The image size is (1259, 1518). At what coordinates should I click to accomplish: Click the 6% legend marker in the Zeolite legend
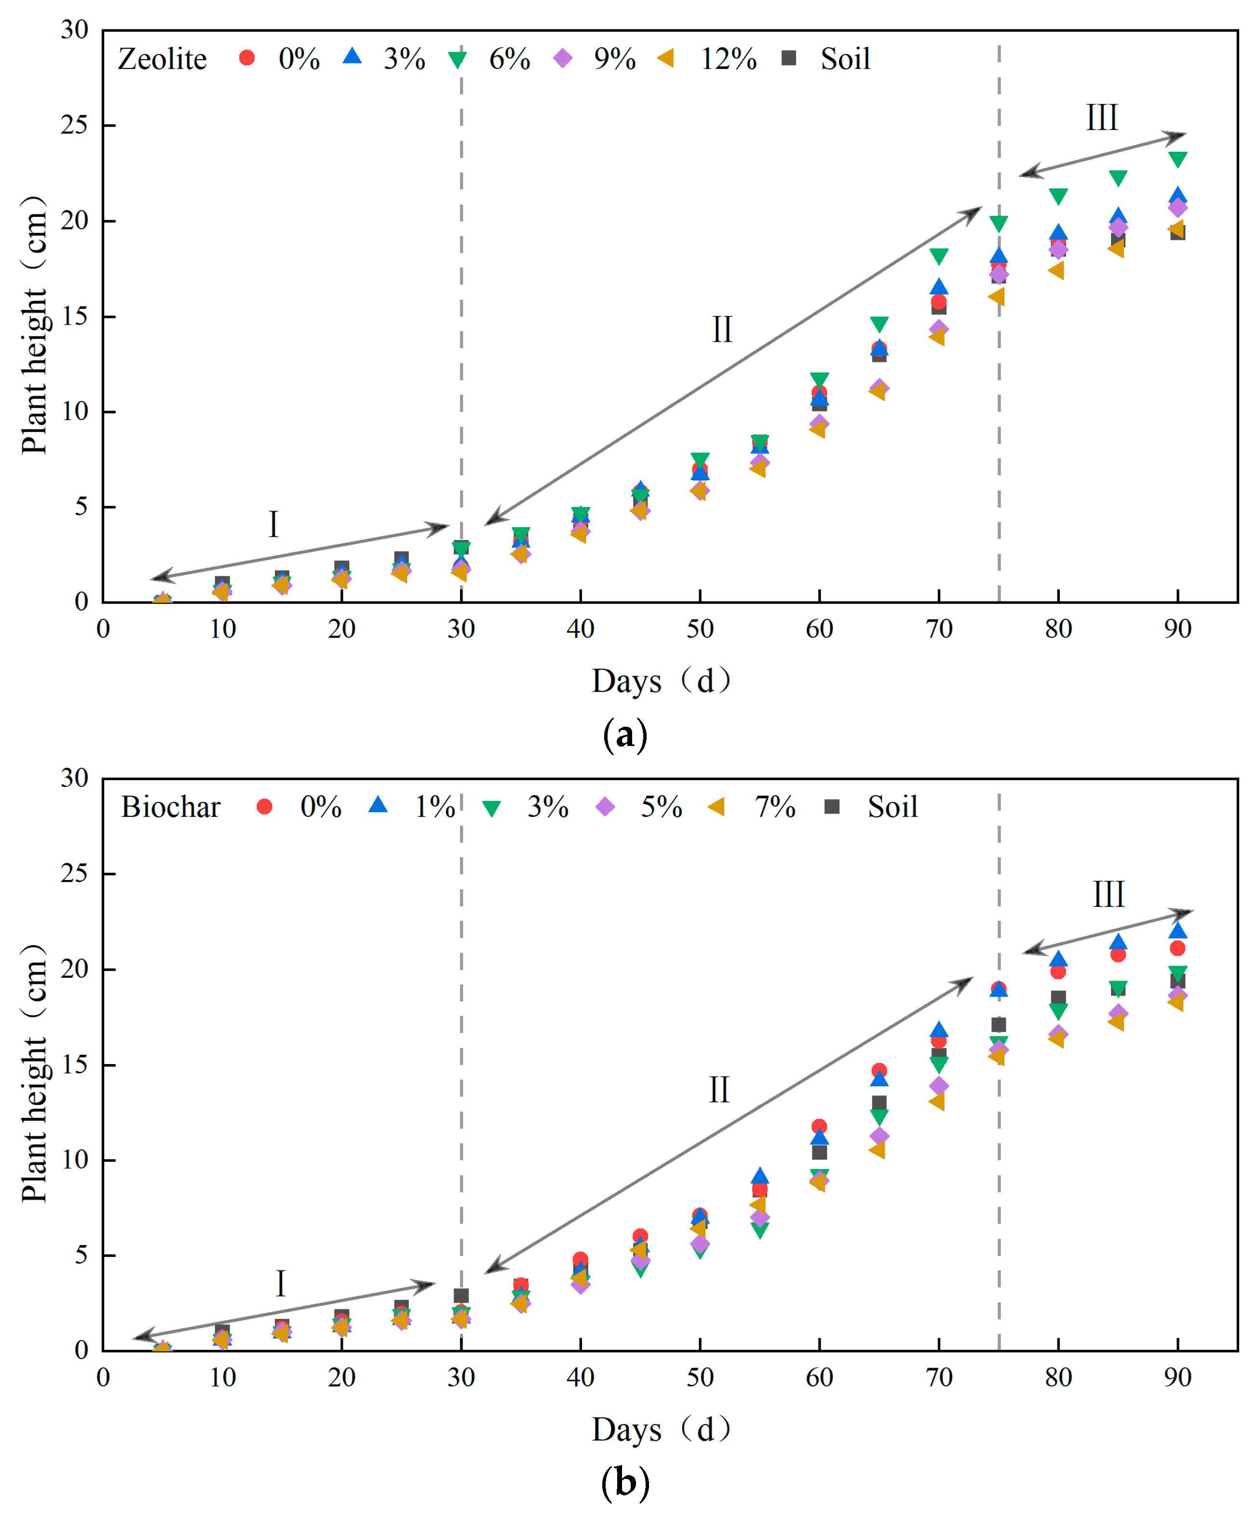(x=457, y=59)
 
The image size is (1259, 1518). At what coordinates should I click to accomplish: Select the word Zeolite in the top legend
(x=162, y=59)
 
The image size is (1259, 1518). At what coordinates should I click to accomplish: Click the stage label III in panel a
(x=1101, y=118)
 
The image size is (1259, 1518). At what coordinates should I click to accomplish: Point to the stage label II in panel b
(x=719, y=1090)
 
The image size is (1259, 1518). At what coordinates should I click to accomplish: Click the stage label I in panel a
(x=273, y=525)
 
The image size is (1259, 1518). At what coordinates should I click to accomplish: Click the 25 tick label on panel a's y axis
(x=74, y=125)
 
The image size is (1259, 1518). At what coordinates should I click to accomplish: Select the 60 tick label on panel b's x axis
(x=819, y=1378)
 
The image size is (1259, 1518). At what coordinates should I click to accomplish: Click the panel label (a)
(x=625, y=735)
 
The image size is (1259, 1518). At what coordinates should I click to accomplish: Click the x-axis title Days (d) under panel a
(x=661, y=680)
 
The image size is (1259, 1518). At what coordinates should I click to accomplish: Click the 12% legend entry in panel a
(x=728, y=59)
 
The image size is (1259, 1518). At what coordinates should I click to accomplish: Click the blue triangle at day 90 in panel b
(x=1178, y=930)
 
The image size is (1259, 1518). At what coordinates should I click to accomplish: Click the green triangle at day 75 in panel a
(x=999, y=224)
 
